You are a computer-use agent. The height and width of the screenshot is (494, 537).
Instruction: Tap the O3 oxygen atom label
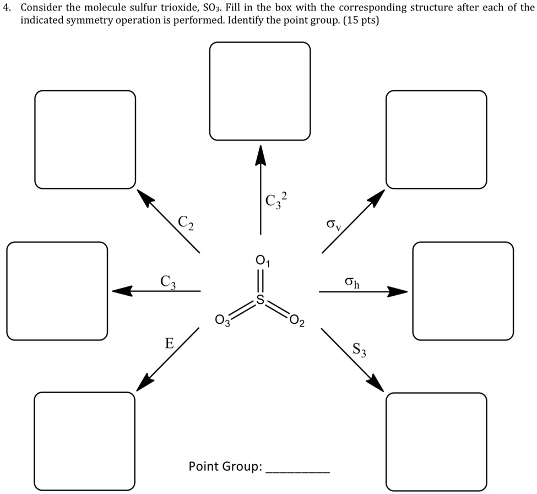pos(222,321)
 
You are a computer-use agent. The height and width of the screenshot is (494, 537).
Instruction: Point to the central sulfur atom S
pos(259,301)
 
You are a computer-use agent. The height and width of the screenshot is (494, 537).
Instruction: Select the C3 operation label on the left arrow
pos(168,281)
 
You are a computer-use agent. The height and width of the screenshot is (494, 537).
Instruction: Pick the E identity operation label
pos(170,344)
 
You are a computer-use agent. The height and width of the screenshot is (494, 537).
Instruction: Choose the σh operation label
pos(352,283)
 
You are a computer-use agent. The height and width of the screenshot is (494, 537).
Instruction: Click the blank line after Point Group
pos(298,472)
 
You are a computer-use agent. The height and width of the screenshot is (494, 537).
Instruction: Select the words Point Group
pos(225,467)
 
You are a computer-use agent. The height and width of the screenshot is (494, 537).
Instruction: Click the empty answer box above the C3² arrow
pos(260,91)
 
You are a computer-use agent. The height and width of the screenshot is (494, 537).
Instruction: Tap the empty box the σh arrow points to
pos(463,291)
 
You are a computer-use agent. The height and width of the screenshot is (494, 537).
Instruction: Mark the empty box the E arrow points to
pos(85,441)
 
